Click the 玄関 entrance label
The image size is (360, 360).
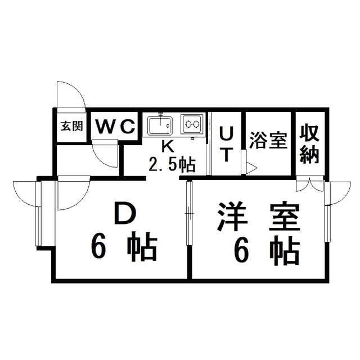[71, 126]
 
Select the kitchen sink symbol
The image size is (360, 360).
[162, 124]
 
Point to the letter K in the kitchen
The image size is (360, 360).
[167, 146]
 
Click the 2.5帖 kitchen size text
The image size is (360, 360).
[172, 164]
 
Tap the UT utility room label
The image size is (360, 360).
[225, 144]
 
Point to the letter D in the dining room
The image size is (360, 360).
[124, 214]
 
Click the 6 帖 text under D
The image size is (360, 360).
[124, 248]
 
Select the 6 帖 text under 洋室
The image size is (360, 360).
[267, 251]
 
